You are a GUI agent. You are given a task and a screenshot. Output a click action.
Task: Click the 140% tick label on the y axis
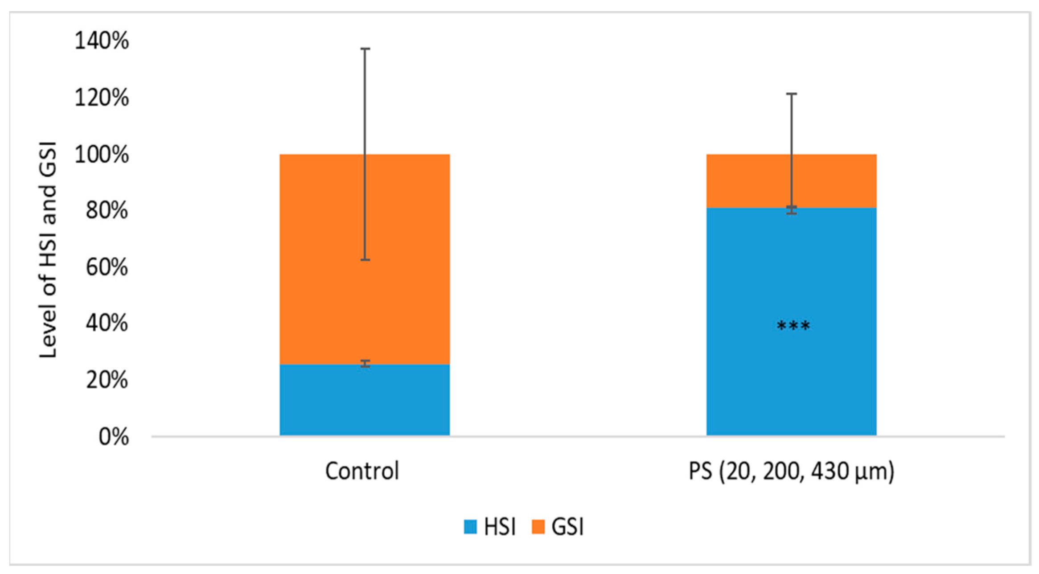102,41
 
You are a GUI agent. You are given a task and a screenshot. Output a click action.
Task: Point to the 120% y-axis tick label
102,98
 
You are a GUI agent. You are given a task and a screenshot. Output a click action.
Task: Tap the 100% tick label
102,155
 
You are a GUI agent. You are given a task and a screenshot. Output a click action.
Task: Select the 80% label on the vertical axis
107,210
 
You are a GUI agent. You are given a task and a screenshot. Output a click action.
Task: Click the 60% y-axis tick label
107,267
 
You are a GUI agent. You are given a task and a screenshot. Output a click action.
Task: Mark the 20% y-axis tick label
107,380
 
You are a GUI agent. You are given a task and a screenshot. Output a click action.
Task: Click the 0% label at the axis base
114,437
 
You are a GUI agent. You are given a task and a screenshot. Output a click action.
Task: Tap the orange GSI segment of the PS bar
749,181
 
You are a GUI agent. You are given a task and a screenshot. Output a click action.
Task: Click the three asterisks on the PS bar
793,327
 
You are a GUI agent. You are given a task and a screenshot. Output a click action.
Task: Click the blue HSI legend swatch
470,527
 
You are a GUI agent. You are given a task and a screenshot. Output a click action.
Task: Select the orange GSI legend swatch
538,527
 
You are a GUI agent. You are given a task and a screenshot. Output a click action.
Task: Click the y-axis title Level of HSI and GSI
48,250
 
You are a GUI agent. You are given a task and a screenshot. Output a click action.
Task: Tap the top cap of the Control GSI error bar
365,49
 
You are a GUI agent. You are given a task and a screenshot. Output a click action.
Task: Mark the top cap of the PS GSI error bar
792,94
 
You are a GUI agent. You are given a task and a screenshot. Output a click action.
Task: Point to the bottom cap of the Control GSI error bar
365,259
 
